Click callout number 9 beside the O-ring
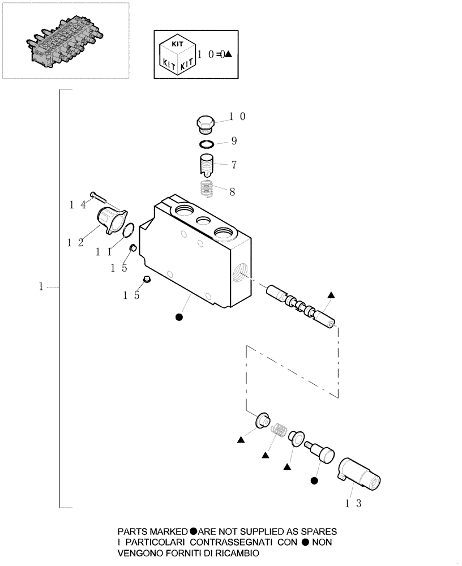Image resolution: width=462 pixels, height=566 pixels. click(233, 140)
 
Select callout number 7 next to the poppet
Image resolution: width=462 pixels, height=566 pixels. click(233, 165)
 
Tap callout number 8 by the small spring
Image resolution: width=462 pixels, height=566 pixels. click(232, 191)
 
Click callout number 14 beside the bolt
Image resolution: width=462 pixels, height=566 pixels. click(78, 205)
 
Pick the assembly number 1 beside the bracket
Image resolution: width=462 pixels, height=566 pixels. click(41, 287)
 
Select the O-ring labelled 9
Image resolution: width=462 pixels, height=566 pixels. click(207, 144)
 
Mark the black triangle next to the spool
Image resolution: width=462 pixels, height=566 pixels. click(331, 295)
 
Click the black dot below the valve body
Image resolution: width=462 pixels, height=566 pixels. click(179, 318)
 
